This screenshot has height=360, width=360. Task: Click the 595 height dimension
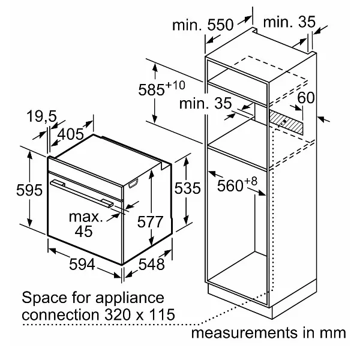(x=29, y=190)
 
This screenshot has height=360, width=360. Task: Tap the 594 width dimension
(x=82, y=264)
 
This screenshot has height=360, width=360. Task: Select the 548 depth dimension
(x=152, y=264)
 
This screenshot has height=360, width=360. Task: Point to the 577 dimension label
(x=150, y=222)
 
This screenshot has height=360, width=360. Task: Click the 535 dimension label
(x=188, y=188)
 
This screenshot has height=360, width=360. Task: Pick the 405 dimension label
(x=70, y=134)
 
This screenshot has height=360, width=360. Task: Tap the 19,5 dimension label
(x=41, y=116)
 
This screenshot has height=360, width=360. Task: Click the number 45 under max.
(x=83, y=231)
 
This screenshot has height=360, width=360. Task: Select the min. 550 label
(x=203, y=25)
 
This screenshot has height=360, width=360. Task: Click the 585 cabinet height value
(x=152, y=89)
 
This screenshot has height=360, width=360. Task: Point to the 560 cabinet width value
(x=230, y=185)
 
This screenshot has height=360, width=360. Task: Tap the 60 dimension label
(x=306, y=98)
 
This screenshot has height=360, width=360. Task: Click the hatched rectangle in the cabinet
(x=286, y=122)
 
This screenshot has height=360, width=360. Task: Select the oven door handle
(x=82, y=193)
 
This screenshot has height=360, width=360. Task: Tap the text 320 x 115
(x=140, y=314)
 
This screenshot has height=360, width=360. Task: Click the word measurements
(x=244, y=333)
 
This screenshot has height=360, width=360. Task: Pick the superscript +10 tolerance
(x=175, y=85)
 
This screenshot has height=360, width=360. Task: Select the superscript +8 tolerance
(x=251, y=181)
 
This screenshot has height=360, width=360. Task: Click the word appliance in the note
(x=130, y=298)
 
